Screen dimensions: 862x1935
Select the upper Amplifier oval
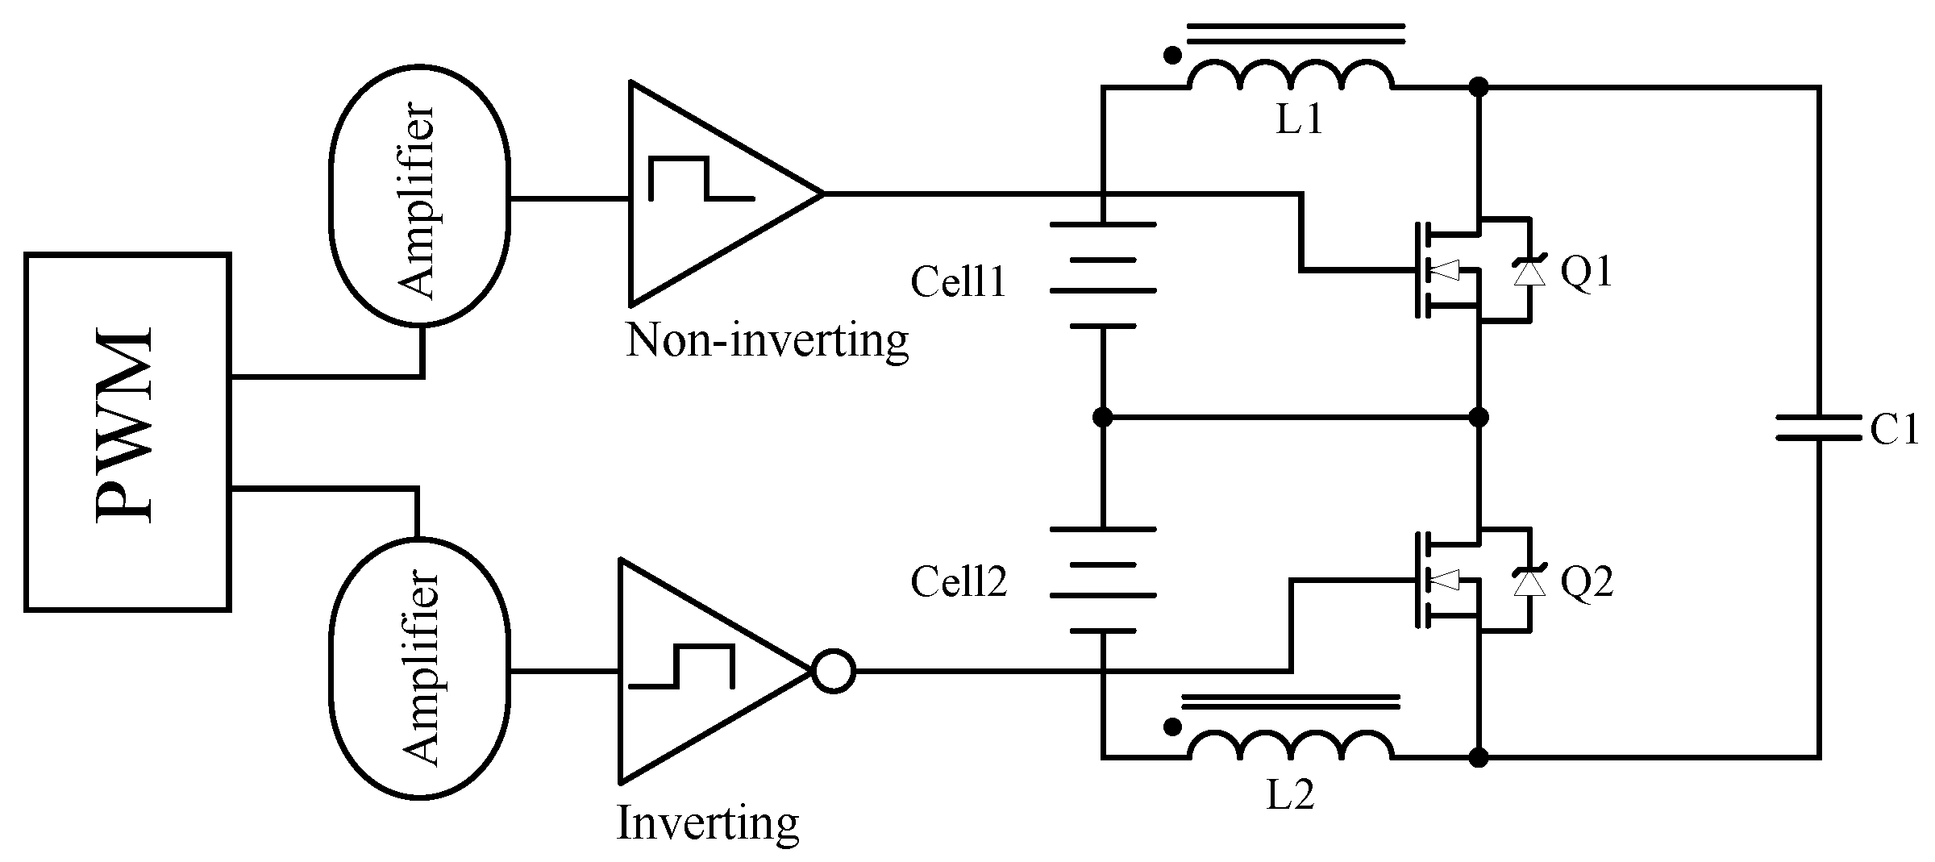418,198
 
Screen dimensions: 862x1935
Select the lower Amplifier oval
418,668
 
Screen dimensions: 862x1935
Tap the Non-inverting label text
767,341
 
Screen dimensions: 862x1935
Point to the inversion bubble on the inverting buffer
833,671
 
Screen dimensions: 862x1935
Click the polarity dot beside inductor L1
1173,56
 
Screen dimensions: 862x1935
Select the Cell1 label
959,283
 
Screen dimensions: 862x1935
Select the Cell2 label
959,581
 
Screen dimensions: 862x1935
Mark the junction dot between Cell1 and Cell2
1102,418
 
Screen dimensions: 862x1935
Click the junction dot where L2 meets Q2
1479,757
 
